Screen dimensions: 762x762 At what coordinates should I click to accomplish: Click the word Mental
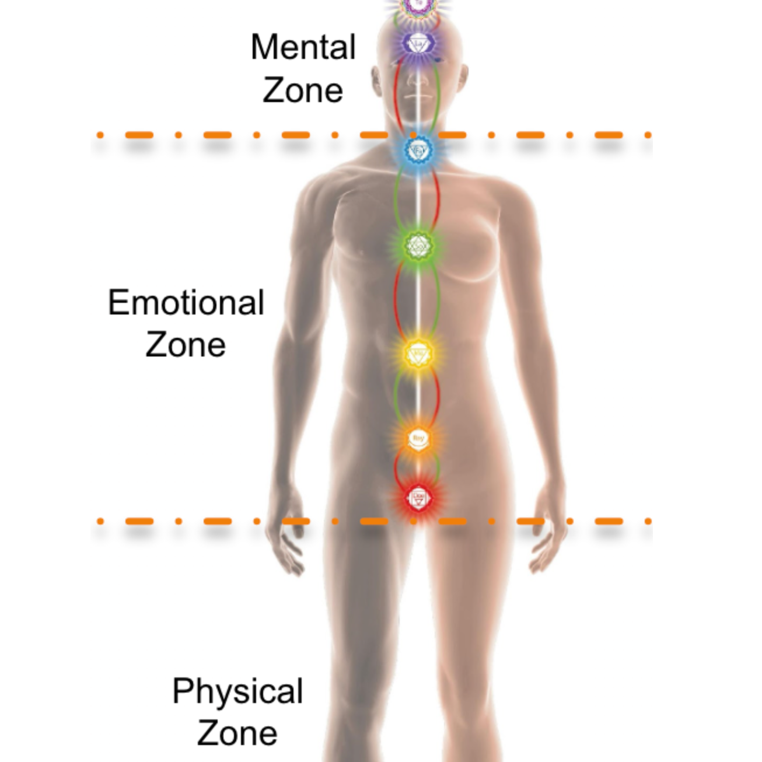tap(303, 47)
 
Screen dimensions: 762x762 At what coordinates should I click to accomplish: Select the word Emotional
tap(186, 303)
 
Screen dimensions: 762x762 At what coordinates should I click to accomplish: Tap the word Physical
tap(237, 691)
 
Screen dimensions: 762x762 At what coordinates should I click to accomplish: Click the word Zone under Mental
tap(303, 90)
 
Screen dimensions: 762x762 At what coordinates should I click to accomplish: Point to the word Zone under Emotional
tap(186, 344)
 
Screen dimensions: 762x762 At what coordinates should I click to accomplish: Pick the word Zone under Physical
tap(237, 733)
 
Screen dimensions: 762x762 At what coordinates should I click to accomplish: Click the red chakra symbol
tap(418, 498)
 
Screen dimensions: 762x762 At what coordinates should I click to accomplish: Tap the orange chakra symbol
tap(418, 439)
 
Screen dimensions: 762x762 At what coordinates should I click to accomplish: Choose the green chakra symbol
tap(418, 246)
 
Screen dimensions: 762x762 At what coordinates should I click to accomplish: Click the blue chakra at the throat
tap(418, 151)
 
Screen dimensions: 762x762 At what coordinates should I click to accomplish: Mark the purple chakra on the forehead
tap(417, 44)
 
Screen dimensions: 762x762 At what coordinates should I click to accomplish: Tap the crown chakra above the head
tap(417, 6)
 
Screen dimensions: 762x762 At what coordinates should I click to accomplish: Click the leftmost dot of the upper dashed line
tap(100, 135)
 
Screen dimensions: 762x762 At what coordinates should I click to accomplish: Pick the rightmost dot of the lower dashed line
tap(648, 521)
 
